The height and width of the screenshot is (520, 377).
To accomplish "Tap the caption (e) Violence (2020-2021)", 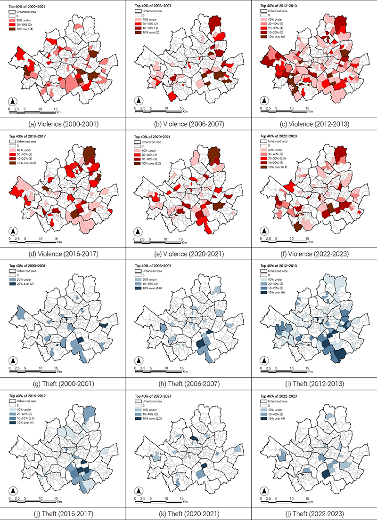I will click(x=188, y=254).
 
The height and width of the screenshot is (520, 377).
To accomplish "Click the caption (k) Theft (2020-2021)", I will click(x=188, y=512).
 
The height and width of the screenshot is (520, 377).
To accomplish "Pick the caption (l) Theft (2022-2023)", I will click(x=314, y=512).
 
